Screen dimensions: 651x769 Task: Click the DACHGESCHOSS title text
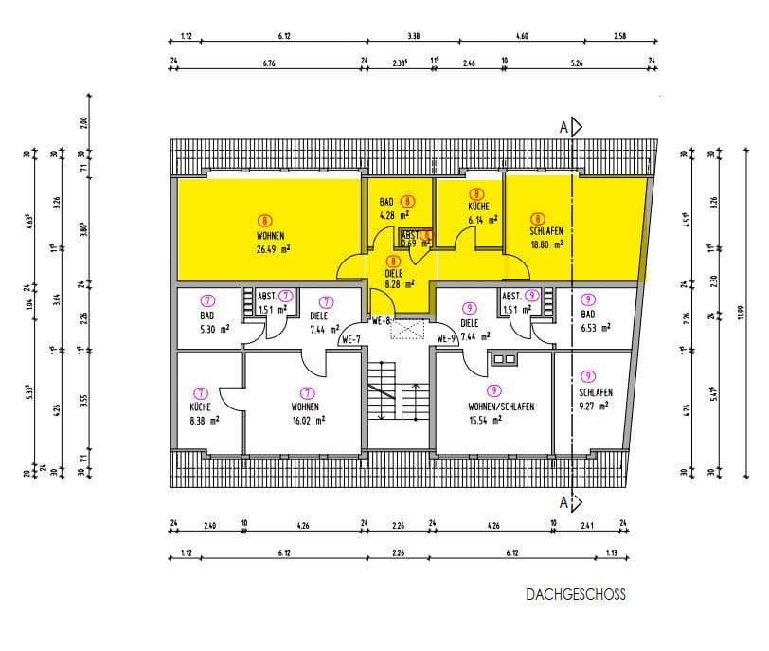(x=576, y=595)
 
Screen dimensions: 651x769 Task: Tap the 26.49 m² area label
(x=272, y=250)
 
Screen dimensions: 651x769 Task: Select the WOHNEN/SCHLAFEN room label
(x=501, y=406)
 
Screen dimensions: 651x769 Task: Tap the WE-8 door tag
(x=383, y=319)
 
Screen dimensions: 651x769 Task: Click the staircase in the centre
(x=399, y=398)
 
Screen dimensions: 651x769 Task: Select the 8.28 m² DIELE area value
(x=399, y=282)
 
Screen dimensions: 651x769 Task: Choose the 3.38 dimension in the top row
(x=413, y=37)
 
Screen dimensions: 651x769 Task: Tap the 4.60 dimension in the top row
(x=522, y=37)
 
